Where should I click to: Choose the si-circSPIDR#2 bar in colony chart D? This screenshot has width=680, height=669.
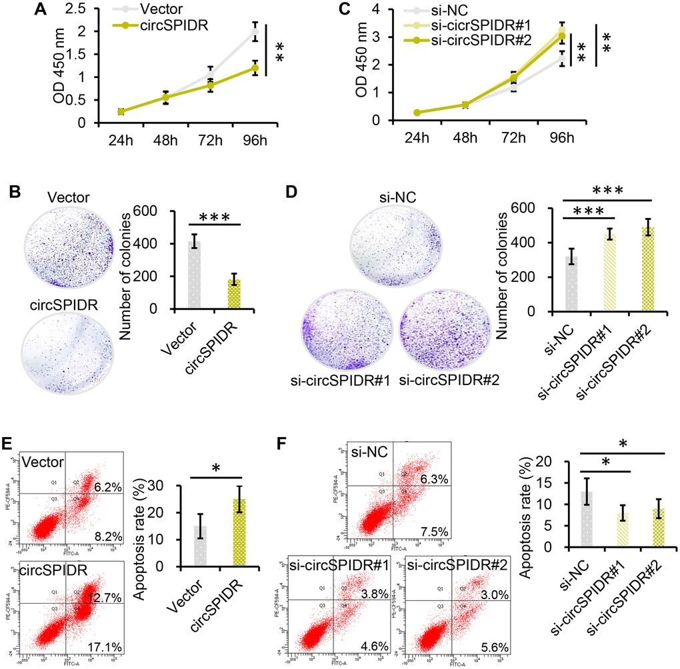[654, 269]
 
